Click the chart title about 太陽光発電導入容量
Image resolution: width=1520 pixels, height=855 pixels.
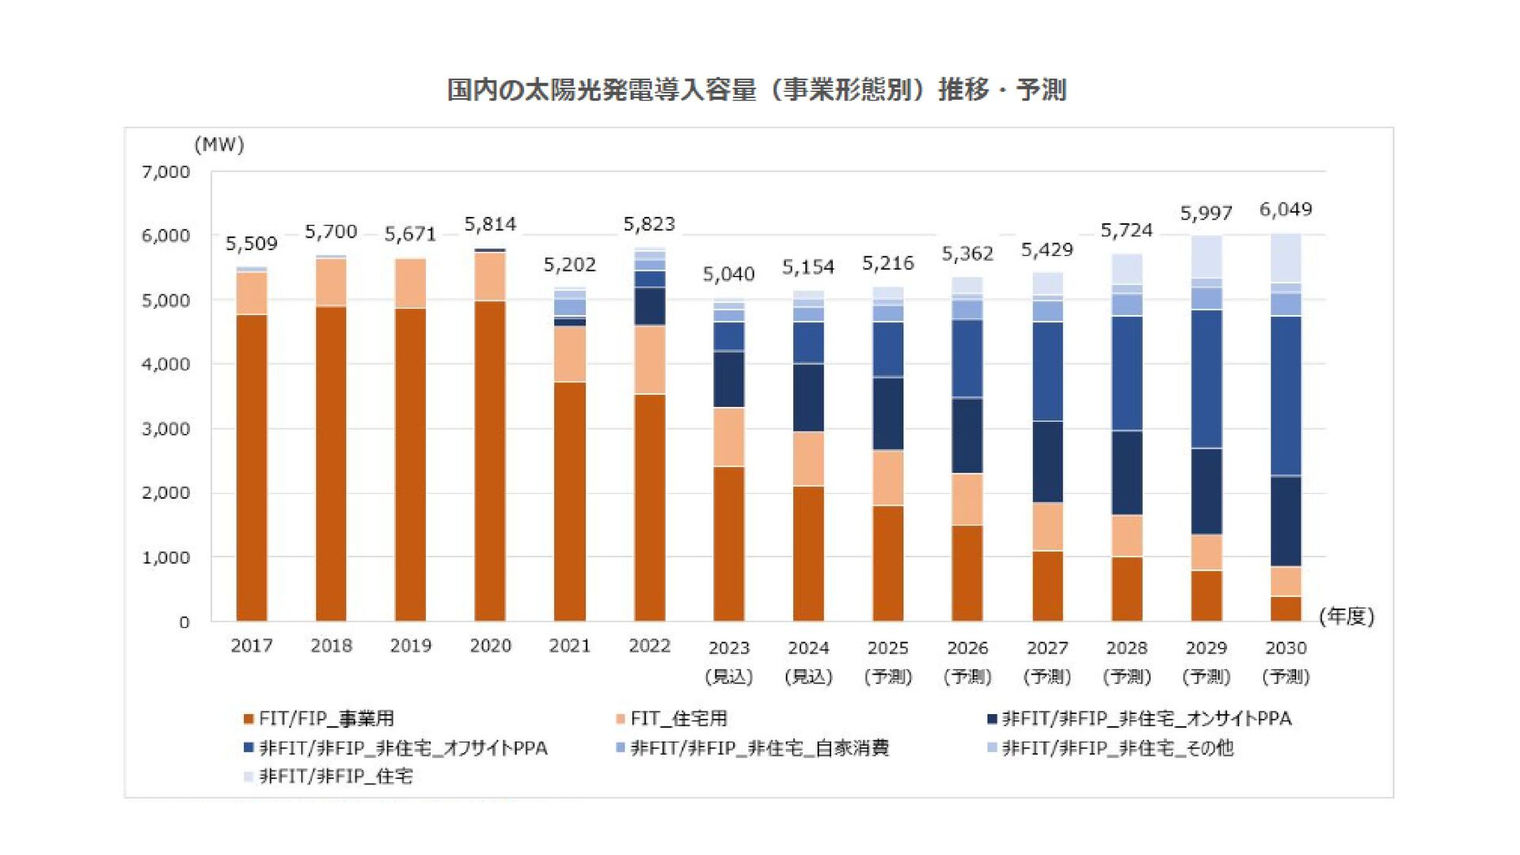click(756, 90)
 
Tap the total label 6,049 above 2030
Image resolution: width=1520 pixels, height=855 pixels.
click(1286, 210)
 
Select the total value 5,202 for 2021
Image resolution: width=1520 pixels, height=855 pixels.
click(569, 264)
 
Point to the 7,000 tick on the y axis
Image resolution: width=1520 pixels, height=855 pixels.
click(166, 172)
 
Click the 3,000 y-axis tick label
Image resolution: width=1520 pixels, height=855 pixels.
click(166, 428)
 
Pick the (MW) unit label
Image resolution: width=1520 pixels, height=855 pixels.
click(219, 145)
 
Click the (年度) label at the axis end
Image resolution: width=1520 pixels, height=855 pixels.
click(1347, 616)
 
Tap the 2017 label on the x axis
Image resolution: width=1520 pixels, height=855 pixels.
click(252, 645)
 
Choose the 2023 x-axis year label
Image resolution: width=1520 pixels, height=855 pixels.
click(728, 648)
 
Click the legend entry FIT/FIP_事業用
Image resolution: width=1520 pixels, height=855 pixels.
click(318, 718)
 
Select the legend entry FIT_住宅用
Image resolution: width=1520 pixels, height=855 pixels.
click(671, 718)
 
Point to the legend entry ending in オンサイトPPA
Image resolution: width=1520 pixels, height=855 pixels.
click(1139, 718)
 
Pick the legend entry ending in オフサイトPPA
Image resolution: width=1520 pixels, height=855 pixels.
click(396, 747)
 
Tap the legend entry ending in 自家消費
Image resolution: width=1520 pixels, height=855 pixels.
click(752, 747)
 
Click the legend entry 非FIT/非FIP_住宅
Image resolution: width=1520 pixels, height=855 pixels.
click(329, 776)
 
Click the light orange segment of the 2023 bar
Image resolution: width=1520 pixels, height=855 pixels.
click(728, 437)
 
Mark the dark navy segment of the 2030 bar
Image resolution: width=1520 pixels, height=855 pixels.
click(1286, 521)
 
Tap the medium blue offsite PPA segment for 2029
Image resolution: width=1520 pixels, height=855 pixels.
click(1206, 378)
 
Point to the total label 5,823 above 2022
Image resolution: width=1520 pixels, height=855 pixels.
click(649, 224)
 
